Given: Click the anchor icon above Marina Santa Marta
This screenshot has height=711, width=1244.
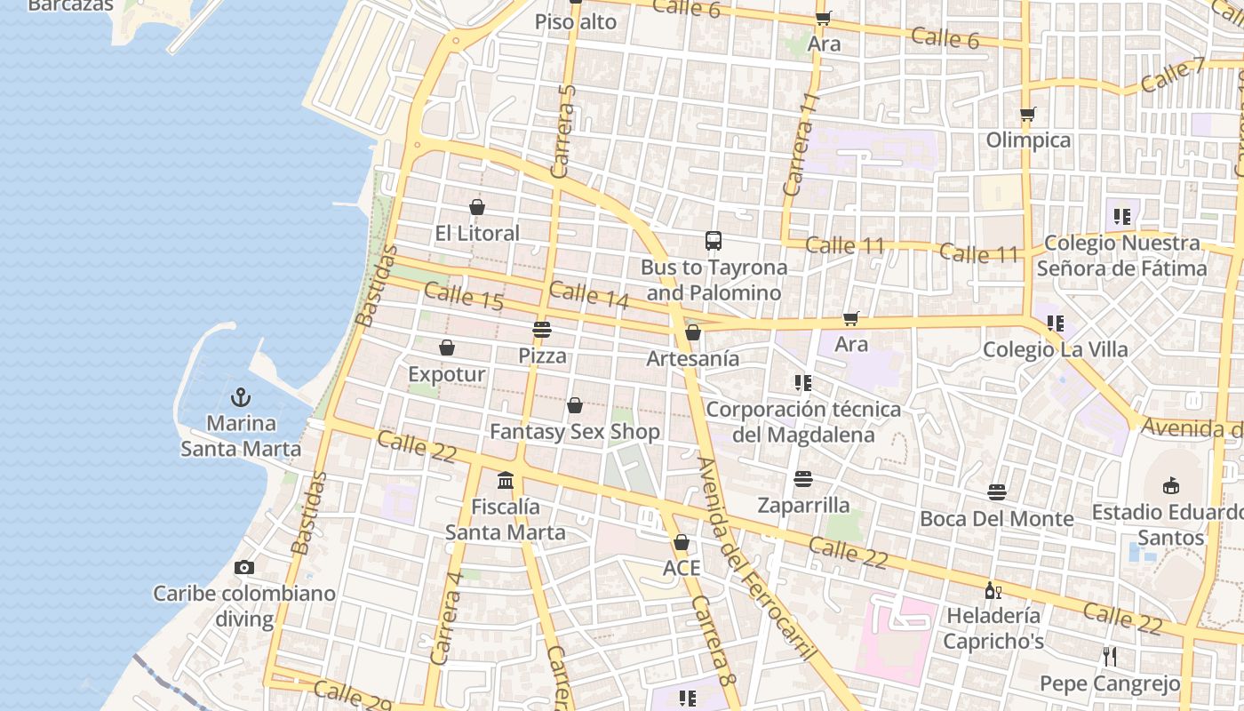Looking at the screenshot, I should (x=240, y=396).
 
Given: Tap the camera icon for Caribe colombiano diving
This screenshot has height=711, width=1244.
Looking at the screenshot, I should (x=244, y=567).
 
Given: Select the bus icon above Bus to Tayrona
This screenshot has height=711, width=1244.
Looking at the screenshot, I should (x=714, y=240).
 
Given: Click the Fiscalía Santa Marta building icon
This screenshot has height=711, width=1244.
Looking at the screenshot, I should (x=506, y=481).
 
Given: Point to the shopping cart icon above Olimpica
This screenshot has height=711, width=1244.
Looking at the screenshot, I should (x=1028, y=114).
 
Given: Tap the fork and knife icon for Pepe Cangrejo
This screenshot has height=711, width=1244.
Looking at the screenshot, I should (x=1109, y=657).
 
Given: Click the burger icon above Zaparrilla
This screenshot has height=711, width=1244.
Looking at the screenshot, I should (x=803, y=479).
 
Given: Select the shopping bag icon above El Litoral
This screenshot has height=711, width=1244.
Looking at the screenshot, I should (x=477, y=207).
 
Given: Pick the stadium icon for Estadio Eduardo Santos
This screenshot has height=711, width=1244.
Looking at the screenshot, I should (x=1171, y=485).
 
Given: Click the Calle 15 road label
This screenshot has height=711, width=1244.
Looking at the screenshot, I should (x=464, y=296).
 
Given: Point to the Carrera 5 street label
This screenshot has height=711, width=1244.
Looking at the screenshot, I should (x=564, y=131).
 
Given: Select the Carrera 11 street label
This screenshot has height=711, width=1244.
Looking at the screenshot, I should (x=800, y=144).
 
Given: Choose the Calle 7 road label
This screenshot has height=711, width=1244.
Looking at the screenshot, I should (x=1173, y=75).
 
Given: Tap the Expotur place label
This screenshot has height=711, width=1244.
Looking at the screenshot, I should (x=447, y=374).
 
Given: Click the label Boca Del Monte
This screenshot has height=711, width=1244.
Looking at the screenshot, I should (x=997, y=518).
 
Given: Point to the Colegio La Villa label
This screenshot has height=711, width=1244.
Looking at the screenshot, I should (x=1055, y=349).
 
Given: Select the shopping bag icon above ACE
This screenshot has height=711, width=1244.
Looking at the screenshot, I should (x=682, y=542).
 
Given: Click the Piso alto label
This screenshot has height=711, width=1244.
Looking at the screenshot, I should (x=576, y=22).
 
